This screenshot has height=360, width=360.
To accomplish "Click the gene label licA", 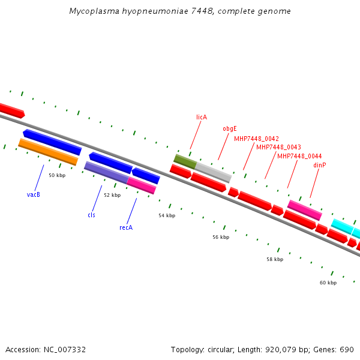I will point(202,117).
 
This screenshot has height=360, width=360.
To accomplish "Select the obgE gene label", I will point(230,128).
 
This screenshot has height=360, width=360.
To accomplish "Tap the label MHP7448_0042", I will point(256,139).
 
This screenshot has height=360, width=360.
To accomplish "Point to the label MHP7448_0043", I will point(278,147).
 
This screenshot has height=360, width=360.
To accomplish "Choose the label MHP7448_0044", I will point(299,156).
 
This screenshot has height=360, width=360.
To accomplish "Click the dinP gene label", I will point(320,165).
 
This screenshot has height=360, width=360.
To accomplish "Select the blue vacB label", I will point(34,194).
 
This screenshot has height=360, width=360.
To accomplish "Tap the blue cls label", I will point(91,215).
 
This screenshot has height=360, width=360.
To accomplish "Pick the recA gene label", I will point(126,227).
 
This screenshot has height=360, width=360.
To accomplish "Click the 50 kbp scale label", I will point(57,175).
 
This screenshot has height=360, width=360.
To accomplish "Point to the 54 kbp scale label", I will point(167,215).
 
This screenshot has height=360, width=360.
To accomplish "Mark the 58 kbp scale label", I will point(275,259).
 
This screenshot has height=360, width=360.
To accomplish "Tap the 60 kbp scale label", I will point(328,283).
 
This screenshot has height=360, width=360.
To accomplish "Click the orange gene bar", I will point(48,152).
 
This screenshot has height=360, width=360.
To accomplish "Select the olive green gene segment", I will point(185,161).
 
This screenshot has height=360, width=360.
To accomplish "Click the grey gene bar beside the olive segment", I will point(213,172).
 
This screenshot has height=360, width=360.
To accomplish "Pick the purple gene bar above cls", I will point(106,172).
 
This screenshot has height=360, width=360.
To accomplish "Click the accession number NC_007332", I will point(64,349).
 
